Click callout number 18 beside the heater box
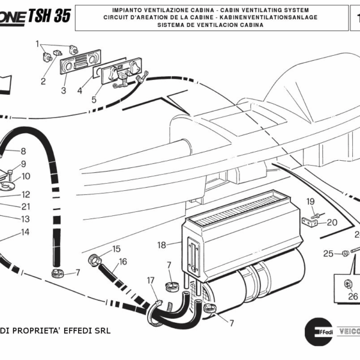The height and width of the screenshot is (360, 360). pyautogui.click(x=161, y=245)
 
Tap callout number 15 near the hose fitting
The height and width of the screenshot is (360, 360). pyautogui.click(x=116, y=248)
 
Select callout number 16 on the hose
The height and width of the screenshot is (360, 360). pyautogui.click(x=122, y=262)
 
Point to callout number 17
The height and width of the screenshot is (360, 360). pyautogui.click(x=151, y=280)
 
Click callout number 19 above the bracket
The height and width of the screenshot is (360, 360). pyautogui.click(x=311, y=201)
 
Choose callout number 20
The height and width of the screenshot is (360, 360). pyautogui.click(x=332, y=222)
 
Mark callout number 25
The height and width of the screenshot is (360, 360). pyautogui.click(x=328, y=254)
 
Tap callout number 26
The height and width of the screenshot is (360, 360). pyautogui.click(x=352, y=296)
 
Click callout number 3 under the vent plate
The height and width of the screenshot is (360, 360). pyautogui.click(x=64, y=91)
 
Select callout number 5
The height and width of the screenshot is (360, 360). pyautogui.click(x=94, y=100)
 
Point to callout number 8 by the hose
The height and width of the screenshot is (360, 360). pyautogui.click(x=23, y=151)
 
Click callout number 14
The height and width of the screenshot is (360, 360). pyautogui.click(x=25, y=232)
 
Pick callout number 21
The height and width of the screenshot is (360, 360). pyautogui.click(x=25, y=206)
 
